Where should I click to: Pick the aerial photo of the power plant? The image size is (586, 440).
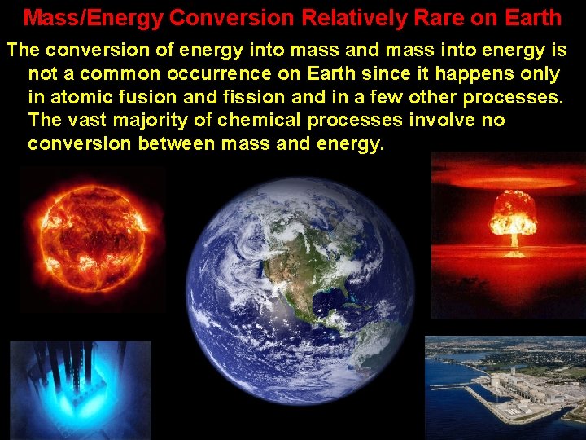point(505,388)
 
